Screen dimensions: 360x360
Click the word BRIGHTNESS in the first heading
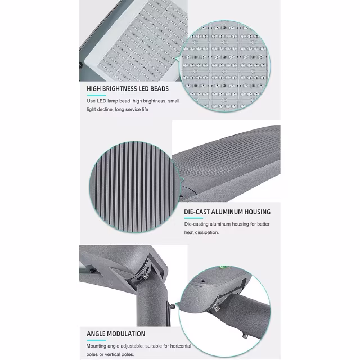(123, 88)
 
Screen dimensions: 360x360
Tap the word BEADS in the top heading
(157, 88)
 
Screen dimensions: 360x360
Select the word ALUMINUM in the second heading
(233, 212)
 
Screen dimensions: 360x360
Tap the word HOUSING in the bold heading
(260, 212)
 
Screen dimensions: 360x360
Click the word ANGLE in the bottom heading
(97, 334)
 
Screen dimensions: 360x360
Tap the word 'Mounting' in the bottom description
(98, 347)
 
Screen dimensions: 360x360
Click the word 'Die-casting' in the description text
(199, 224)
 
